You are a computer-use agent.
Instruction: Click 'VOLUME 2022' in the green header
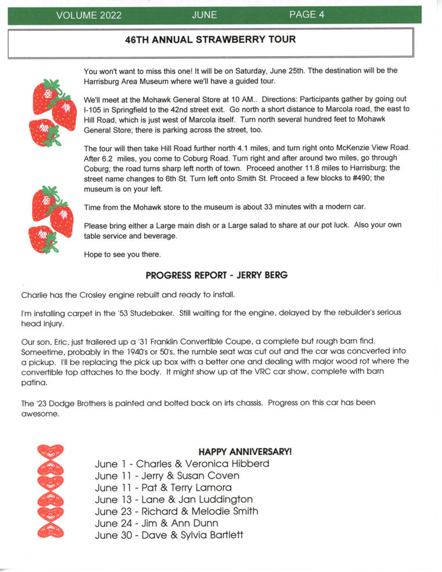pos(89,16)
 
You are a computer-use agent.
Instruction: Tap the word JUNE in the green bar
pos(204,15)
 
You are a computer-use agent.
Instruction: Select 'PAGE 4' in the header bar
pos(307,15)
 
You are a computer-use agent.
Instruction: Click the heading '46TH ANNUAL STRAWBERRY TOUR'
pos(210,40)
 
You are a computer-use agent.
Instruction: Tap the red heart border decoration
pos(51,490)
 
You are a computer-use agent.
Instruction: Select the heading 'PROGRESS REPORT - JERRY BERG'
pos(217,275)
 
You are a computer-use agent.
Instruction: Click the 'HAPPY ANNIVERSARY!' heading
pos(245,451)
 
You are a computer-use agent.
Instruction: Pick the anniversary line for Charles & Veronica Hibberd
pos(182,463)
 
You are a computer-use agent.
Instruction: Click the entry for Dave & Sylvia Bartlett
pos(168,535)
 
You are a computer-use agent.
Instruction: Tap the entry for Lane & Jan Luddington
pos(174,499)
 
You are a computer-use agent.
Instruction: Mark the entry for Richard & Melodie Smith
pos(176,511)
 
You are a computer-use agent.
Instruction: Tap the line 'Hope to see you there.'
pos(122,254)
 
